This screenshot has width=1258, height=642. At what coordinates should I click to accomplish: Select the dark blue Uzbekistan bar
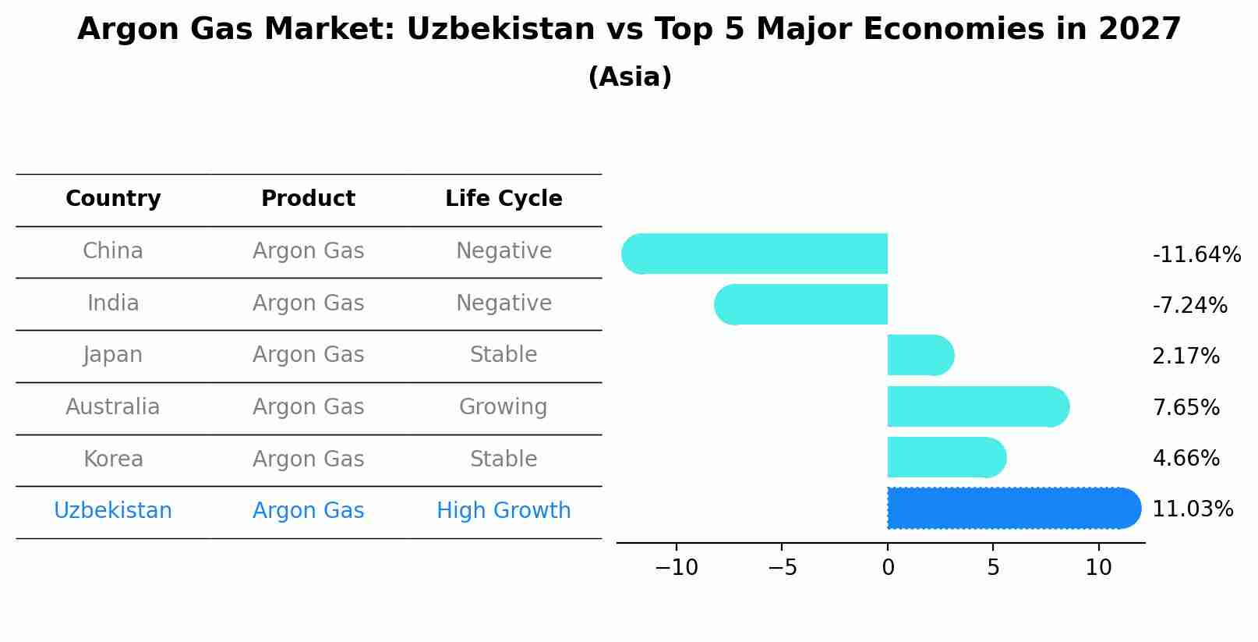pos(1013,508)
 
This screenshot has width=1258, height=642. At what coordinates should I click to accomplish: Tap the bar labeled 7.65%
pos(977,406)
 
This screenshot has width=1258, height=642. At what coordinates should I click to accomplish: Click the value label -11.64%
pos(1196,255)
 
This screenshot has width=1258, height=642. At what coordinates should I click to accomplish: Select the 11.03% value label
pos(1192,509)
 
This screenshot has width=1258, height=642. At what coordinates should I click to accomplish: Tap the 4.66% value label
pos(1185,459)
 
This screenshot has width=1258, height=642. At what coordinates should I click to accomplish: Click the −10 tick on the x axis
pos(677,568)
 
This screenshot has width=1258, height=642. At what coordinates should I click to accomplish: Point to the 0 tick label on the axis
pos(888,568)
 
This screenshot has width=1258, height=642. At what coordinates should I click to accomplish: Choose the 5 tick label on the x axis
pos(993,568)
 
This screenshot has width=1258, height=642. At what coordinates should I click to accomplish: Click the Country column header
pos(113,199)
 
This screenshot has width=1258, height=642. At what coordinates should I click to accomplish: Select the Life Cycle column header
pos(504,199)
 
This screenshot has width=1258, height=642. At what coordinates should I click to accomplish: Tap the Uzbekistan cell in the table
pos(113,511)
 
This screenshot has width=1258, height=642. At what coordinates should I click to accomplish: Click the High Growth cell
pos(504,511)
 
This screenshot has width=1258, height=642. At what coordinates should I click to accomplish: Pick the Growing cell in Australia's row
pos(504,407)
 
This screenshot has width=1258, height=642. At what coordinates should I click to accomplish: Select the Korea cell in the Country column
pos(113,459)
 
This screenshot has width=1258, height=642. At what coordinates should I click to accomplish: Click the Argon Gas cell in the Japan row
pos(308,355)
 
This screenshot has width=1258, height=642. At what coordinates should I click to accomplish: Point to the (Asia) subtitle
pos(630,77)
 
